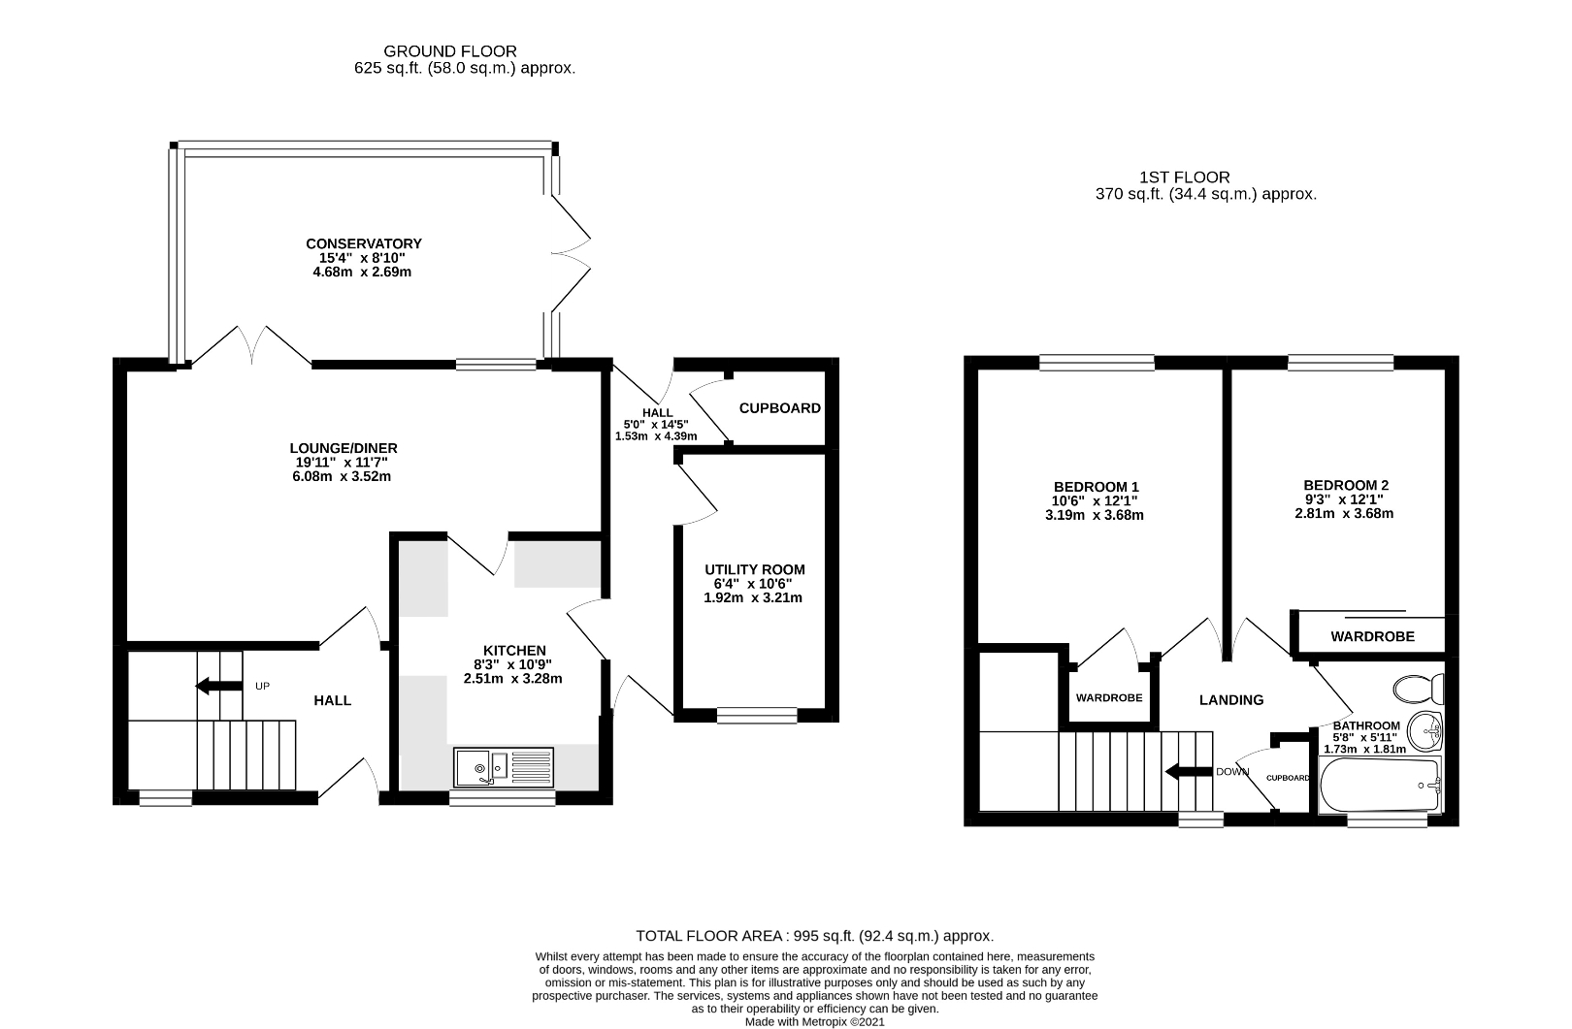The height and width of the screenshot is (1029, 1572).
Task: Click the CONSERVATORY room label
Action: (364, 243)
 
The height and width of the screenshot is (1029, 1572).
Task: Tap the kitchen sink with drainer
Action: (503, 767)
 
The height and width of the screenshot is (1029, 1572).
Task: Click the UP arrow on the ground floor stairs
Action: (218, 686)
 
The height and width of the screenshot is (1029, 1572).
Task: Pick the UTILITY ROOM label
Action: (754, 569)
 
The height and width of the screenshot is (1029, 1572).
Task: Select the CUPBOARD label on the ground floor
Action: (779, 408)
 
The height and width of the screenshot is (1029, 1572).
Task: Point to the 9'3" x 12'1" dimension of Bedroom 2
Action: (1344, 499)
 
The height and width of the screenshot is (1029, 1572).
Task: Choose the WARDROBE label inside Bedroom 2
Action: (1371, 637)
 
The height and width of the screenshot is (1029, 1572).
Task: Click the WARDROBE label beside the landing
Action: (1108, 698)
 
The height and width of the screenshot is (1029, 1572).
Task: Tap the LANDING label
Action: (1230, 699)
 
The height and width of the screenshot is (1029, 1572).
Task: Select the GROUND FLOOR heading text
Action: (450, 51)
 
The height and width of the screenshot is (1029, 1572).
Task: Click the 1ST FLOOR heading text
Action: (1185, 177)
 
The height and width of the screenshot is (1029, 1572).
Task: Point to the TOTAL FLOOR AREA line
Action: (814, 936)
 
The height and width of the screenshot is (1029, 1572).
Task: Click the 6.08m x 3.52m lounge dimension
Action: (344, 476)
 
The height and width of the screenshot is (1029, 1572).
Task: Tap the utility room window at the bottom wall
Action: (757, 716)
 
